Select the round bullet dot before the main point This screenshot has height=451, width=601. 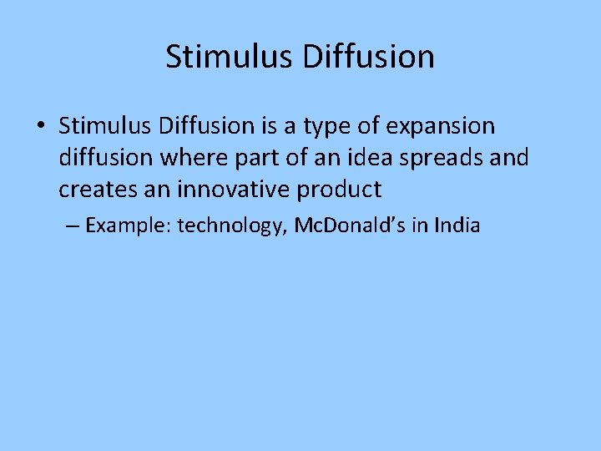[x=41, y=127]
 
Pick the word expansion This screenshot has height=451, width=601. [x=442, y=128]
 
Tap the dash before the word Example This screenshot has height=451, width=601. [x=71, y=225]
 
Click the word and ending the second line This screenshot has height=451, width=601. [x=510, y=158]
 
